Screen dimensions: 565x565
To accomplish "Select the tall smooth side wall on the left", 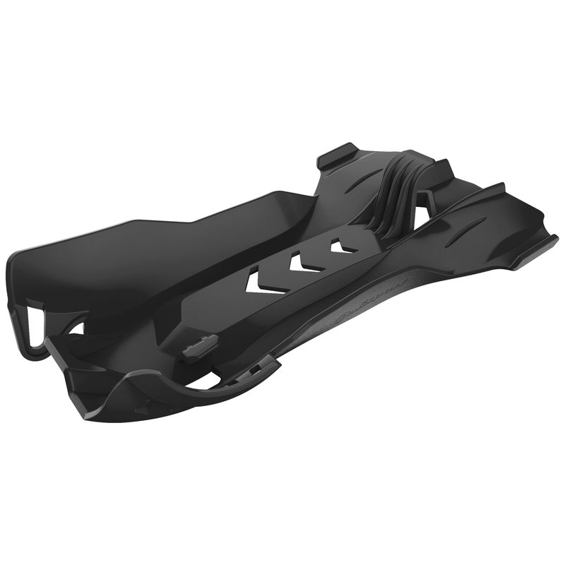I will tap(141, 240).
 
